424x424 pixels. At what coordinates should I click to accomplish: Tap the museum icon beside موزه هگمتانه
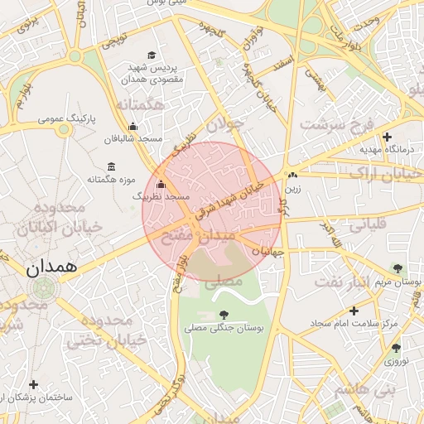[x=111, y=167]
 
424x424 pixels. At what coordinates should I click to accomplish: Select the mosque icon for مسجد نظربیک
[x=161, y=185]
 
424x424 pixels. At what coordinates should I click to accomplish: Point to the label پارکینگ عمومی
[x=67, y=120]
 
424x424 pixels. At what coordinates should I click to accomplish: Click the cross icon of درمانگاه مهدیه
[x=387, y=137]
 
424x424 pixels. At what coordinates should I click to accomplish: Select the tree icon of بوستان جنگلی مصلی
[x=224, y=314]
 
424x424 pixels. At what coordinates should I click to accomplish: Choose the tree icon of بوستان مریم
[x=397, y=267]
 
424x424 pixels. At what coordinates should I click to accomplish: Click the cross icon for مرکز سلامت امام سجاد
[x=354, y=311]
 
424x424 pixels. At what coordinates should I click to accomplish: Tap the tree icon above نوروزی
[x=395, y=348]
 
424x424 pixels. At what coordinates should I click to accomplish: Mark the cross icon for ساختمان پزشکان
[x=33, y=384]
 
